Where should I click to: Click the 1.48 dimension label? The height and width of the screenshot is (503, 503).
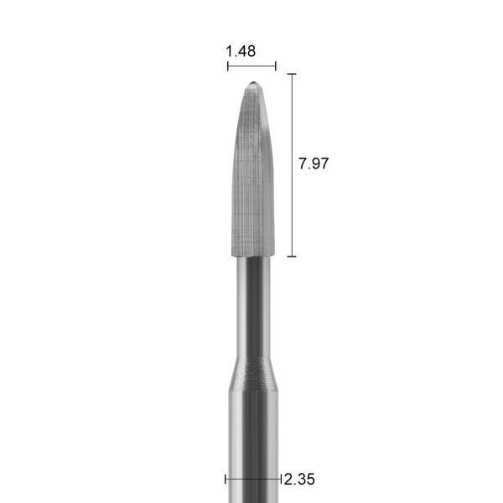pyautogui.click(x=241, y=51)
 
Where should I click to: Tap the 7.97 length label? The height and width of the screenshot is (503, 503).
pyautogui.click(x=314, y=163)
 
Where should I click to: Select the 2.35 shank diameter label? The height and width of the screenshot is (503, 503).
pyautogui.click(x=299, y=480)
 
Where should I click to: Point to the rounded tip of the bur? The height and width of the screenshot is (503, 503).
pyautogui.click(x=253, y=83)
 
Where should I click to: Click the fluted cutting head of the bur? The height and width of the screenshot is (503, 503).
pyautogui.click(x=253, y=169)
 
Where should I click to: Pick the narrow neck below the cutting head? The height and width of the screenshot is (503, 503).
pyautogui.click(x=253, y=307)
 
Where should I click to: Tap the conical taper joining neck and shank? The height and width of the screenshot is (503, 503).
pyautogui.click(x=253, y=374)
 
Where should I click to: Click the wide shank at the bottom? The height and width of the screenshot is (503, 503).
pyautogui.click(x=253, y=447)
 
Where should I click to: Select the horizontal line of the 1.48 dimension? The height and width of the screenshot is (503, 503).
pyautogui.click(x=251, y=66)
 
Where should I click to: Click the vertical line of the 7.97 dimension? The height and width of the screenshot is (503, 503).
pyautogui.click(x=292, y=165)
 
